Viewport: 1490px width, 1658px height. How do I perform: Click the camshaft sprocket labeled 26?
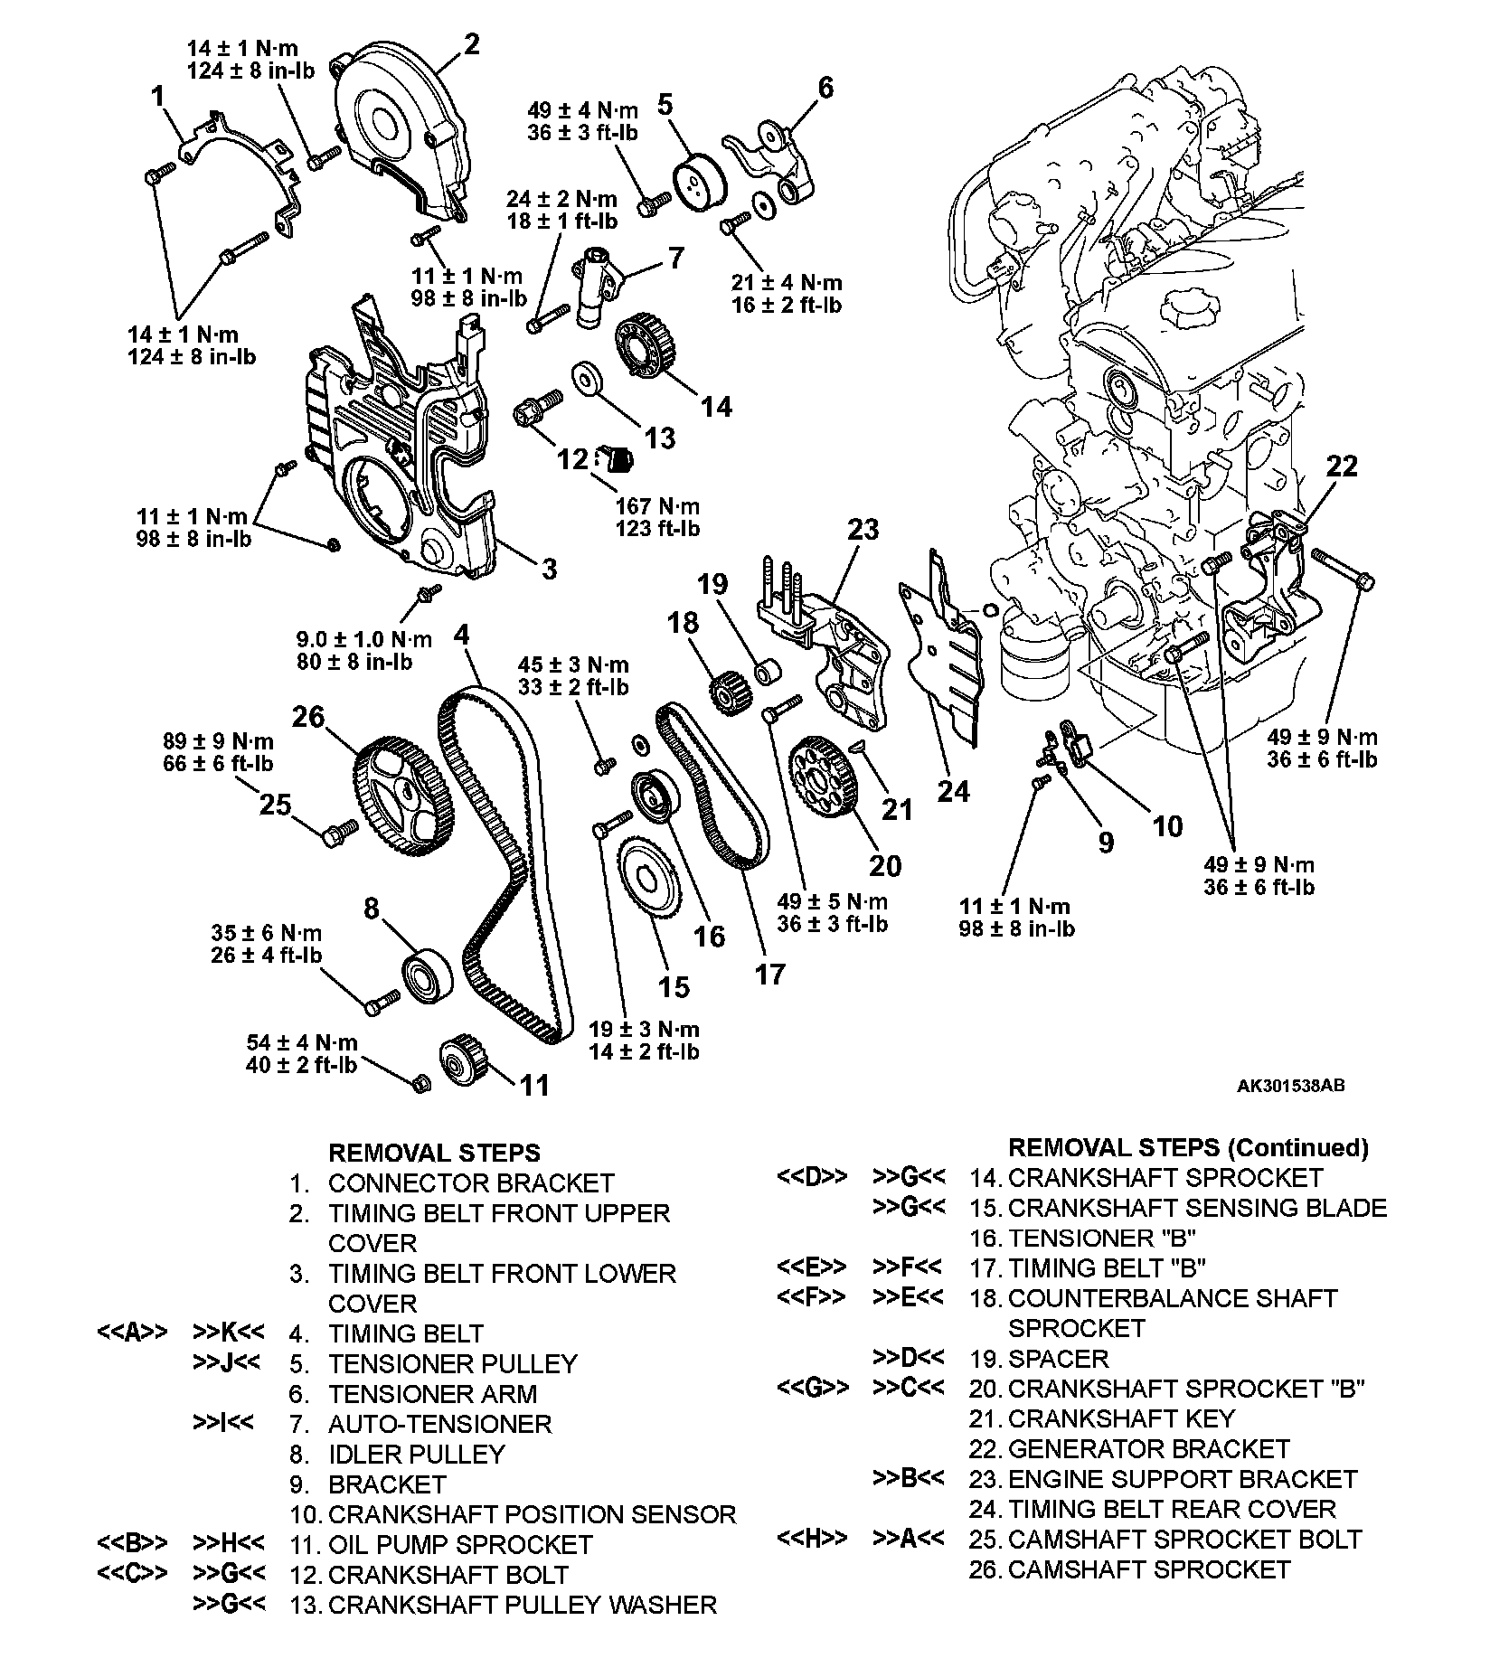click(396, 797)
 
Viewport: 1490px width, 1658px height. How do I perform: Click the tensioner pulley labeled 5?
click(697, 186)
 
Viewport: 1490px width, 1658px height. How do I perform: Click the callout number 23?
click(862, 529)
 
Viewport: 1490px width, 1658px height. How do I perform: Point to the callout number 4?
click(462, 635)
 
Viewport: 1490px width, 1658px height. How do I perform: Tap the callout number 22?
click(1343, 466)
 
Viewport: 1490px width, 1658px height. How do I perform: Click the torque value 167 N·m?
click(657, 507)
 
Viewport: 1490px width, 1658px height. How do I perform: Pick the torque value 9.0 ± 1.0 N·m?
click(364, 639)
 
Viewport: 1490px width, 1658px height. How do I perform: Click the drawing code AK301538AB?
click(1290, 1086)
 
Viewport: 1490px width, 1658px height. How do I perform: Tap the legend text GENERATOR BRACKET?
click(1148, 1449)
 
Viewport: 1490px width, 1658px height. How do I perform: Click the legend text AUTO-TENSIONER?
click(439, 1424)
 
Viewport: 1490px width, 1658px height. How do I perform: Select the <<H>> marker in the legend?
click(812, 1539)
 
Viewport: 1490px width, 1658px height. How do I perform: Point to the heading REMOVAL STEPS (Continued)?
click(1188, 1148)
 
